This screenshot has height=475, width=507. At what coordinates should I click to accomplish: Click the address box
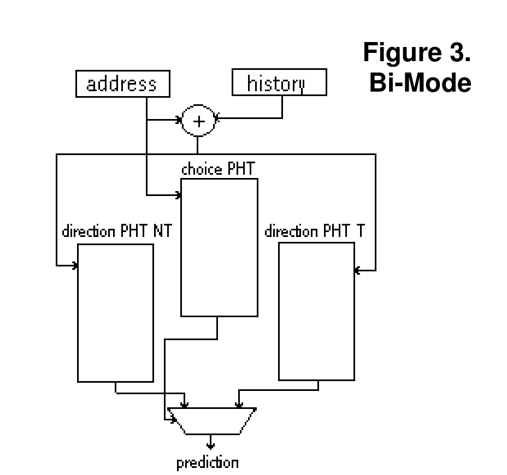point(122,85)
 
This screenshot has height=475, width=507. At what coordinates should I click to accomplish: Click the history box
point(279,84)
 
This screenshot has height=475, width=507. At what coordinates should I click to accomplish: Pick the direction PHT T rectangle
point(316,311)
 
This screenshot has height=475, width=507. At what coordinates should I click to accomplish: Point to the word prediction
point(207,464)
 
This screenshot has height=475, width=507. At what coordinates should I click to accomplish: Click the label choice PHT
point(217,169)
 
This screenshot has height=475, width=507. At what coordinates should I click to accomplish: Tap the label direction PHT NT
point(117,231)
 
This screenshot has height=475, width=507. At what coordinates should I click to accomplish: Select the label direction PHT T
point(315,231)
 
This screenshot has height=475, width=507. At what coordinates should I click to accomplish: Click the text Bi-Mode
point(420,82)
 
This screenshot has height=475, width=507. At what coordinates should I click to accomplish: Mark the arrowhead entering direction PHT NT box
point(75,266)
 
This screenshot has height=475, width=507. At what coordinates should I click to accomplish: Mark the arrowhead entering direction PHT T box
point(357,270)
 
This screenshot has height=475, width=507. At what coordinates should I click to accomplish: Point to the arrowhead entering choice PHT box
point(178,194)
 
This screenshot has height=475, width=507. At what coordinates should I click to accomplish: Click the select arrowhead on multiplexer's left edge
point(173,420)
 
